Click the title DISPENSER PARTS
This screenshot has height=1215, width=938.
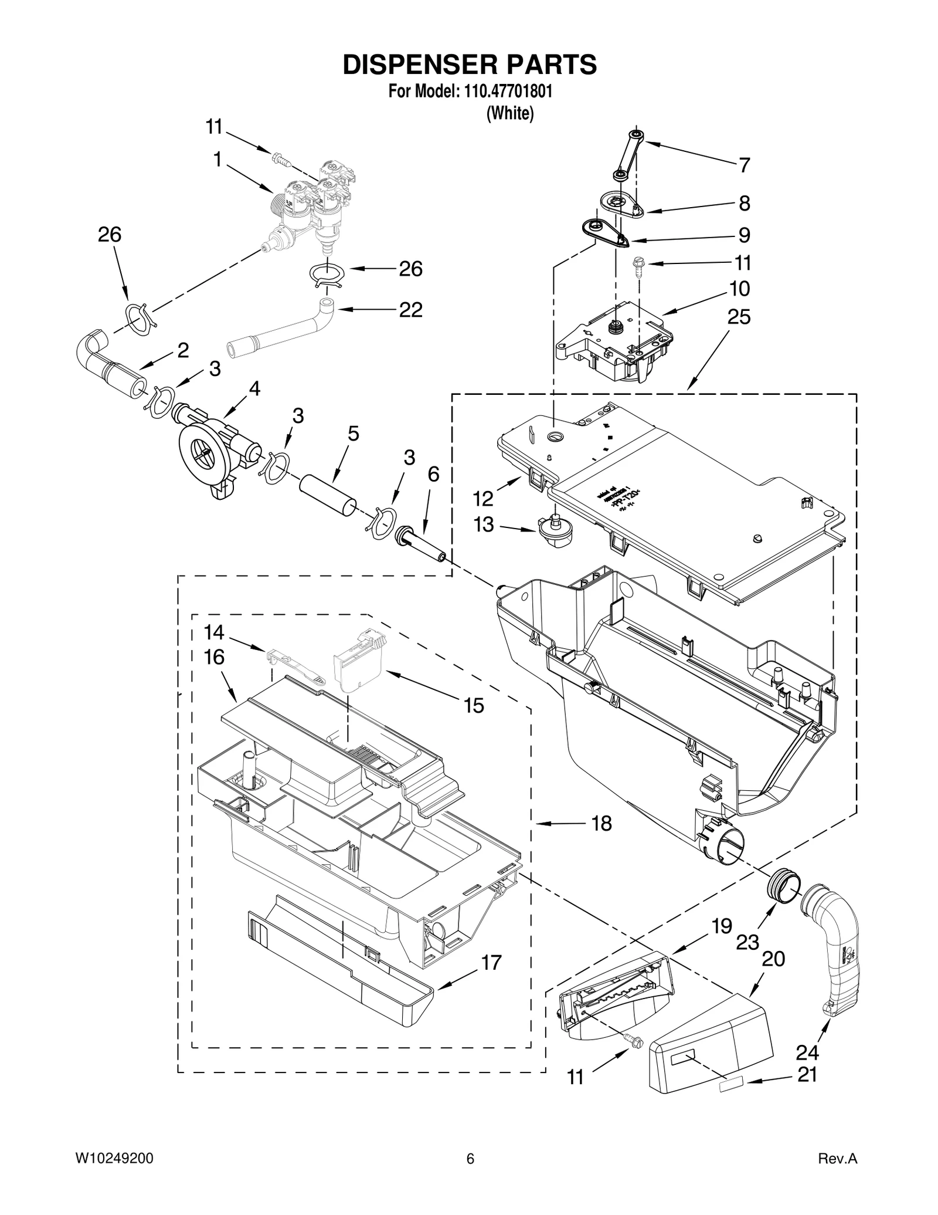tap(470, 65)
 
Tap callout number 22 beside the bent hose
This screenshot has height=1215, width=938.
tap(410, 310)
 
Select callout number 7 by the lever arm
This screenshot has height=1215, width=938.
tap(744, 165)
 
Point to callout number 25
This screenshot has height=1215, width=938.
tap(739, 317)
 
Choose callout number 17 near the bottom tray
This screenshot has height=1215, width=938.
tap(491, 963)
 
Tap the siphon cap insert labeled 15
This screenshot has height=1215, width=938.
tap(358, 665)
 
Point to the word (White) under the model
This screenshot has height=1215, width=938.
tap(510, 113)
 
